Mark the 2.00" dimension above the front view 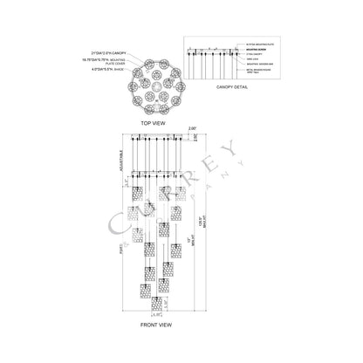191,127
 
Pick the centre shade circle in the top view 153,76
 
